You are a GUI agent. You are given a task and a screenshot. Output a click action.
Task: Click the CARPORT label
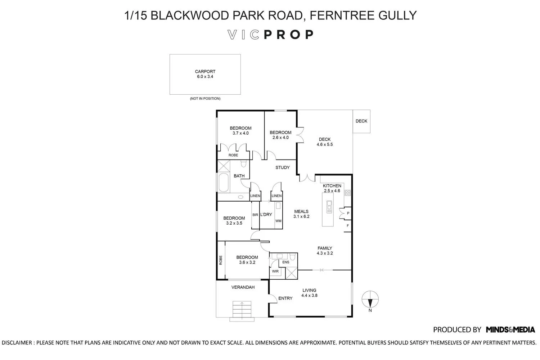pyautogui.click(x=205, y=71)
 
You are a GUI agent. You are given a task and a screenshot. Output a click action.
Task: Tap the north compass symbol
pyautogui.click(x=370, y=298)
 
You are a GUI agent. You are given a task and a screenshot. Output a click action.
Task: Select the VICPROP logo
pyautogui.click(x=270, y=35)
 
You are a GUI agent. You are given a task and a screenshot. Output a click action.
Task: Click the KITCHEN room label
pyautogui.click(x=332, y=186)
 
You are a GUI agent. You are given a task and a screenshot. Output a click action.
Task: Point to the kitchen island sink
pyautogui.click(x=329, y=207)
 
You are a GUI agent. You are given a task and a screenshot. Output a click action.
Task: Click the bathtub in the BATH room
pyautogui.click(x=224, y=183)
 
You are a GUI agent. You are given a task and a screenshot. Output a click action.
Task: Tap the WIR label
pyautogui.click(x=275, y=271)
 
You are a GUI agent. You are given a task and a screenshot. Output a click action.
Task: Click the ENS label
pyautogui.click(x=285, y=262)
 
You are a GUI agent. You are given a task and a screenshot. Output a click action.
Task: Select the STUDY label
pyautogui.click(x=282, y=167)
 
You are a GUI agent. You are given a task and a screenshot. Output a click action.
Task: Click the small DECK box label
pyautogui.click(x=361, y=121)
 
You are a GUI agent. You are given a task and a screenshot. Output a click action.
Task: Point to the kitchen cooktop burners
pyautogui.click(x=347, y=193)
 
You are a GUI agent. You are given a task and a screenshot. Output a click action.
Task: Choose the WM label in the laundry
pyautogui.click(x=278, y=221)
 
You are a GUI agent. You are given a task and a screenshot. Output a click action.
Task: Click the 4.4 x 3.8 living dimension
pyautogui.click(x=309, y=295)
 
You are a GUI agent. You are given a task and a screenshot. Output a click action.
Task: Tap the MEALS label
pyautogui.click(x=301, y=211)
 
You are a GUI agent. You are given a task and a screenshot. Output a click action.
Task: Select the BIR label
pyautogui.click(x=255, y=215)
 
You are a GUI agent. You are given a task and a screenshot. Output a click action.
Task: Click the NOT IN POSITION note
pyautogui.click(x=205, y=98)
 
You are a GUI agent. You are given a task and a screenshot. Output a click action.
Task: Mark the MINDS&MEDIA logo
pyautogui.click(x=510, y=329)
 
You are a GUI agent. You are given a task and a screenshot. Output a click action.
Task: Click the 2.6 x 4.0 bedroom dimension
pyautogui.click(x=280, y=138)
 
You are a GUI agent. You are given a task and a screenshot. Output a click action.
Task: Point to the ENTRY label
pyautogui.click(x=285, y=298)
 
